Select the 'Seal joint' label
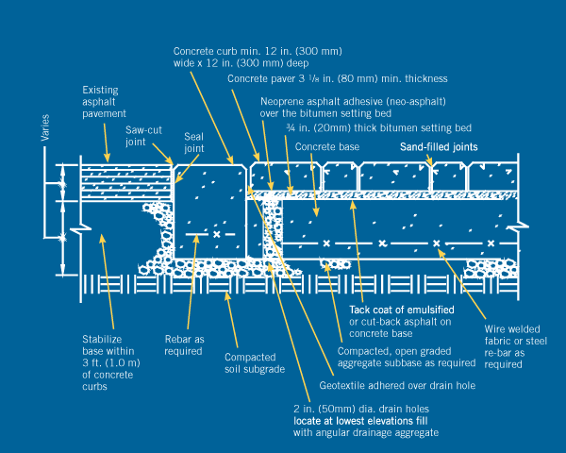[193, 142]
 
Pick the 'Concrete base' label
[325, 147]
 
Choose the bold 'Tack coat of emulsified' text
[402, 310]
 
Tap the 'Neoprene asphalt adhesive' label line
[352, 101]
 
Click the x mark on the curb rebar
[216, 233]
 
